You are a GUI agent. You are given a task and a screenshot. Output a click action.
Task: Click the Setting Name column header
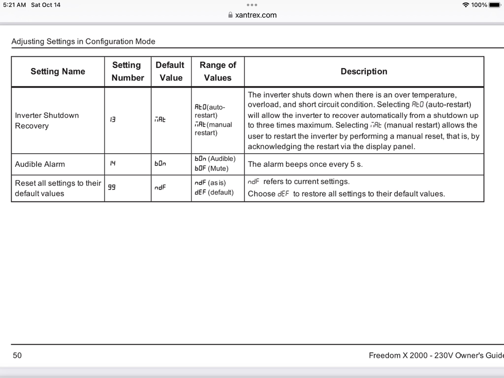57,72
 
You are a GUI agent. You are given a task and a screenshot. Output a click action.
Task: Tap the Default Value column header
170,72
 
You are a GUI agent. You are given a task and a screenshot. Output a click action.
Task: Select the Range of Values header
218,72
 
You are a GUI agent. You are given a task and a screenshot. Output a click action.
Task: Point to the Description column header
364,72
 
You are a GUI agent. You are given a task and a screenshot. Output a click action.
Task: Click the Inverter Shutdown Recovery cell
47,120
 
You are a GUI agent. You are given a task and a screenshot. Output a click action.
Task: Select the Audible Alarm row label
40,164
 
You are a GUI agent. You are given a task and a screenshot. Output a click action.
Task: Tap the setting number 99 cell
111,187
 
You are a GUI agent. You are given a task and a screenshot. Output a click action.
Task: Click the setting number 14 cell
113,163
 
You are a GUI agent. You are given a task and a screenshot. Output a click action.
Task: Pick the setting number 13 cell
112,120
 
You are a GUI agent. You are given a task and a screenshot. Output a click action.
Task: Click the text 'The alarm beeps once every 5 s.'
305,164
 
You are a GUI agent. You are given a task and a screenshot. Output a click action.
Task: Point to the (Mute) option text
218,169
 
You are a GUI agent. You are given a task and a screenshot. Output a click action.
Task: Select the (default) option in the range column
221,193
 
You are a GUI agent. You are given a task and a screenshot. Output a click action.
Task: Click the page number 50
17,355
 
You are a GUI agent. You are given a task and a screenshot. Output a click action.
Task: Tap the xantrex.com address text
256,15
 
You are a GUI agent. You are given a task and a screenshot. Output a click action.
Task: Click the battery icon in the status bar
495,5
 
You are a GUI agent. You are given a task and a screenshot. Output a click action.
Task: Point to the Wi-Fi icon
465,5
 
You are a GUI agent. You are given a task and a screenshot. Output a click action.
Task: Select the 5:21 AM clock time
14,5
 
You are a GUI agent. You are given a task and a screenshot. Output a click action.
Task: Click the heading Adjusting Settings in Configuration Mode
83,41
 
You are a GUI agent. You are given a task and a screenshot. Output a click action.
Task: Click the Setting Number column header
128,72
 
